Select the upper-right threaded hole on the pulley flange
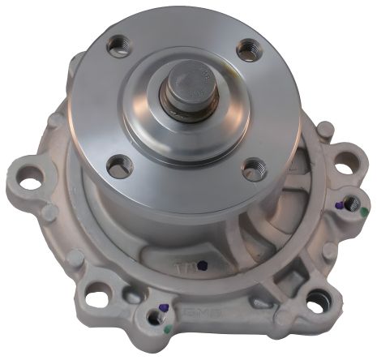coord(247,51)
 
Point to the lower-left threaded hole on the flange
coord(119,165)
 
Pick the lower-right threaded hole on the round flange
coord(254,169)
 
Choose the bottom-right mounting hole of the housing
coord(315,303)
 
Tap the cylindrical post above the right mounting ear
coord(324,131)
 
